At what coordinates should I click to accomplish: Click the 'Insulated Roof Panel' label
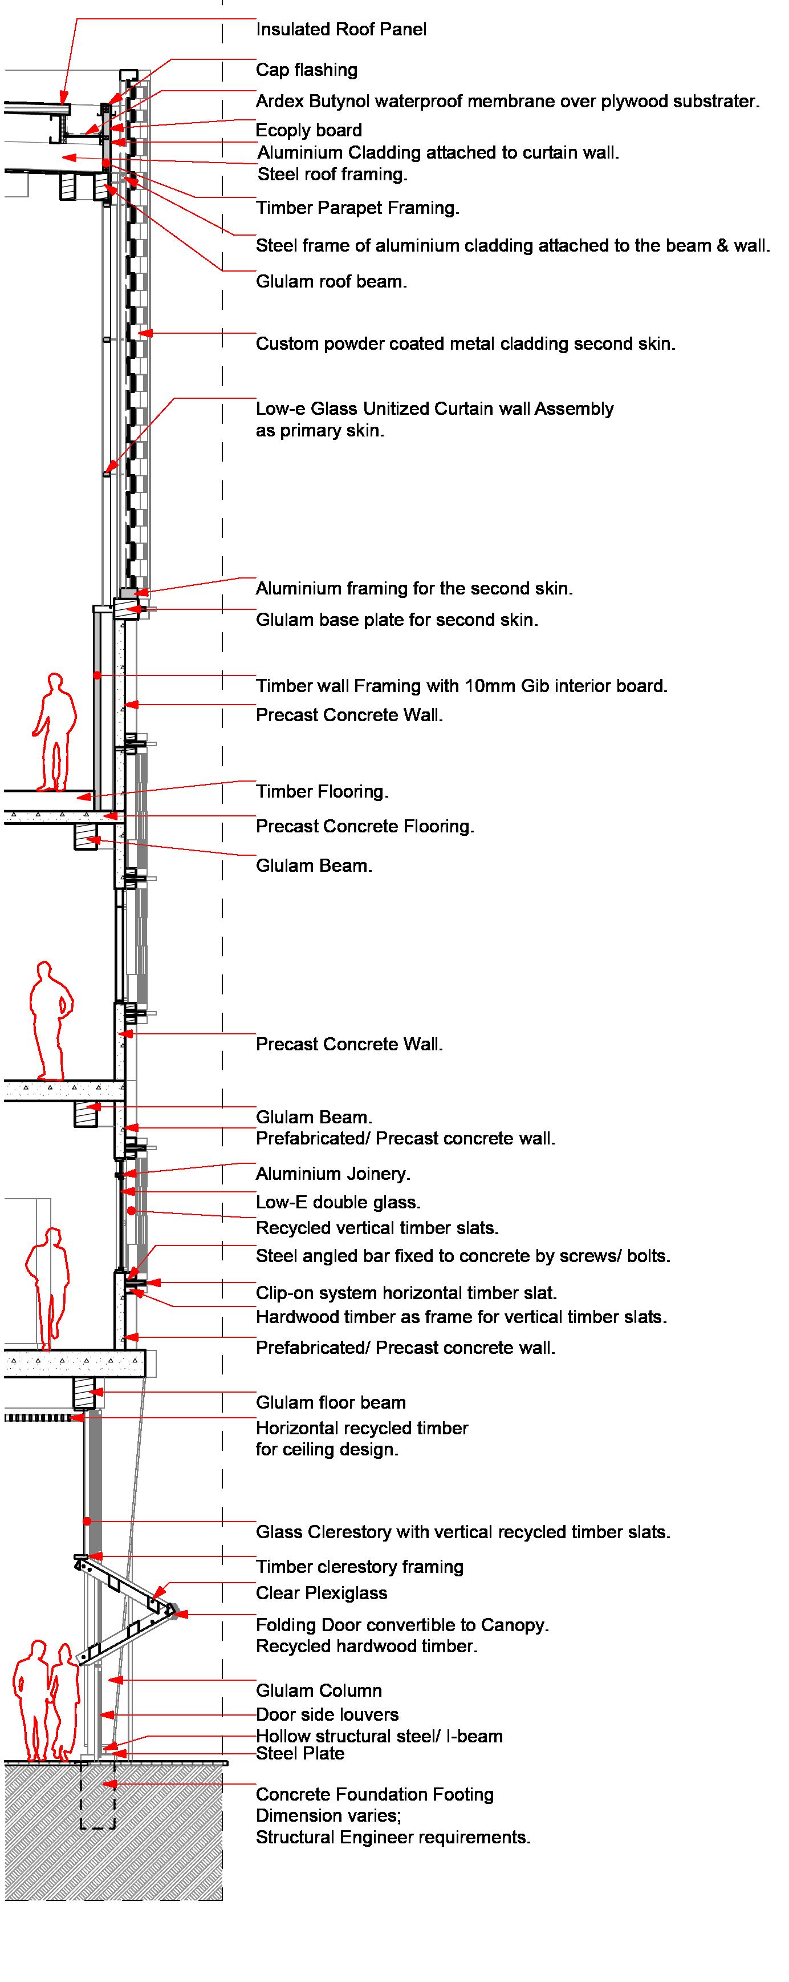(341, 29)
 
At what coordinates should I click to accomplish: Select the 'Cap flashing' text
(306, 70)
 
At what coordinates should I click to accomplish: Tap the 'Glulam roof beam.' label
(331, 282)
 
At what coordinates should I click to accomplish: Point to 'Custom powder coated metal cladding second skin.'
(465, 344)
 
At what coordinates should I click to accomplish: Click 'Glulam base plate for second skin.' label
(397, 620)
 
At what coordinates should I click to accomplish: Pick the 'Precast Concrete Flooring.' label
(364, 826)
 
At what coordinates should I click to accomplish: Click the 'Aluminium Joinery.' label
(333, 1174)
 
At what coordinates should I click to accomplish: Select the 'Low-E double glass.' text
(337, 1202)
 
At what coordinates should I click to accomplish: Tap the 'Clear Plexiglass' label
(322, 1593)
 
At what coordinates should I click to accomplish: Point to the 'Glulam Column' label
(318, 1690)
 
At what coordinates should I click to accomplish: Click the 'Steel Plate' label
(300, 1753)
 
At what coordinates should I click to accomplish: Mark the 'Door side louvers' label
(327, 1714)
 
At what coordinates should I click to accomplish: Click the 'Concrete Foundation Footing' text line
(375, 1794)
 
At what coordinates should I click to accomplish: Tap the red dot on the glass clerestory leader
(88, 1521)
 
